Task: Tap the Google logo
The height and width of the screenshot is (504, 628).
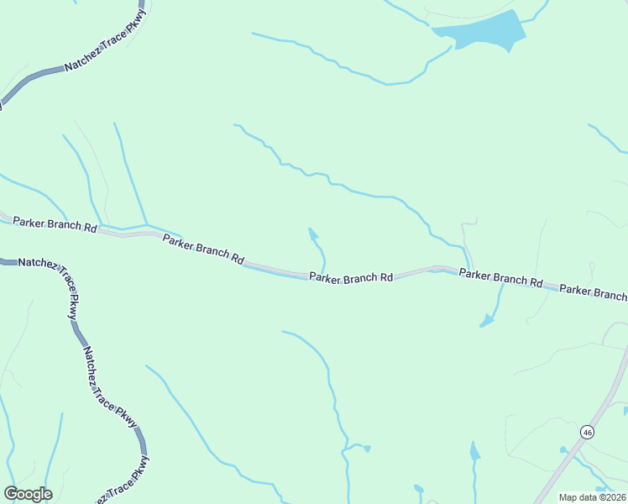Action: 28,494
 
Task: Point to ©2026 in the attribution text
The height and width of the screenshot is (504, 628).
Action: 611,497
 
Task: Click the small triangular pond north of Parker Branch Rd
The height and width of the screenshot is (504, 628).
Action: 313,234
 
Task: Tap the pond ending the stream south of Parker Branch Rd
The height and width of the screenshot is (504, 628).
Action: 486,322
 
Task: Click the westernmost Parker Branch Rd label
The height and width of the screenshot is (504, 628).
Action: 55,225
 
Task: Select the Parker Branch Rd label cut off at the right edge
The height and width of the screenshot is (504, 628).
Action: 594,291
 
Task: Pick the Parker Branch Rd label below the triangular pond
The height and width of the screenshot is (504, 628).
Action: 351,277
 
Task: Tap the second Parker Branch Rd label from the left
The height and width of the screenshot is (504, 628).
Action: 203,248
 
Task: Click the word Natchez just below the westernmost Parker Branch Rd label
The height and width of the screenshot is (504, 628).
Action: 38,263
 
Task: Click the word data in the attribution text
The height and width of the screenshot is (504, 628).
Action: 589,497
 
